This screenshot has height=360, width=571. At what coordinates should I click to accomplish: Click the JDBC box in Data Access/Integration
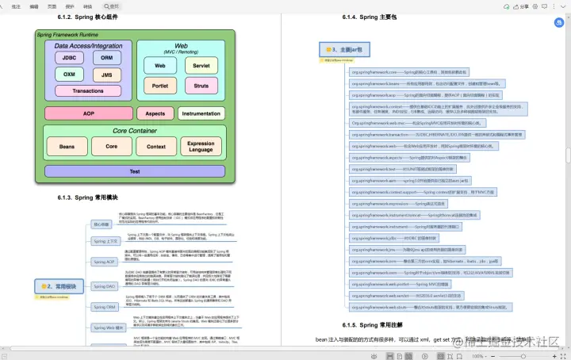(x=70, y=57)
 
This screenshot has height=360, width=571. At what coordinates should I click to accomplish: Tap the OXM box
(x=70, y=75)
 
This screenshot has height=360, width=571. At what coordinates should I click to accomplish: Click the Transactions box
(x=88, y=91)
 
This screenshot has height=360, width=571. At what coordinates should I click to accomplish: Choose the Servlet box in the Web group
(x=201, y=65)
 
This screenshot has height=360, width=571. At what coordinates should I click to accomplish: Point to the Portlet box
(x=160, y=85)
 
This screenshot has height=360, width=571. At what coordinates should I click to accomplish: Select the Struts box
(x=201, y=85)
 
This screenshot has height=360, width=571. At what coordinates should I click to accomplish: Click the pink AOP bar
(x=88, y=113)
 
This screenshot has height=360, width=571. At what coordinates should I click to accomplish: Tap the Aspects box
(x=155, y=113)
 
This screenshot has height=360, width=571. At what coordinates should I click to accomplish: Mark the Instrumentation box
(x=201, y=113)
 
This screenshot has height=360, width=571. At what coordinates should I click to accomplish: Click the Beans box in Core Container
(x=67, y=147)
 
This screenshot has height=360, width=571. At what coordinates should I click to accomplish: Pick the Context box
(x=156, y=147)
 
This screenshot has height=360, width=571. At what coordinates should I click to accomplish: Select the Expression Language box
(x=201, y=147)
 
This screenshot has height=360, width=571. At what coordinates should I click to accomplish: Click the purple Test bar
(x=134, y=171)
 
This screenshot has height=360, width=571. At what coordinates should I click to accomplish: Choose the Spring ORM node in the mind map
(x=105, y=306)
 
